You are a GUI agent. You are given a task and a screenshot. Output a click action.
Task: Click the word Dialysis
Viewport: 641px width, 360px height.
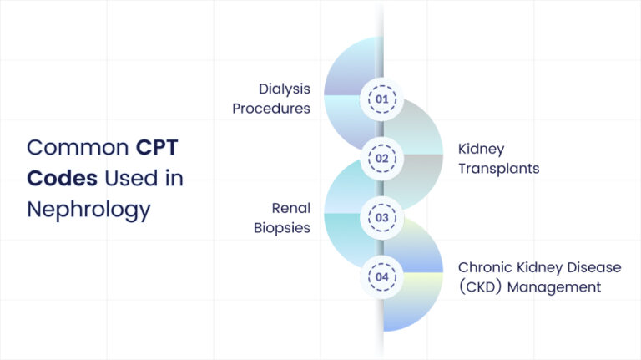pos(284,88)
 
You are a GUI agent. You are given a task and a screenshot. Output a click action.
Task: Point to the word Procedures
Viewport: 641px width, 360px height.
pos(271,109)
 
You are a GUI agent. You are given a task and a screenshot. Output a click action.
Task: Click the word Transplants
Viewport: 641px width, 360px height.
pos(498,169)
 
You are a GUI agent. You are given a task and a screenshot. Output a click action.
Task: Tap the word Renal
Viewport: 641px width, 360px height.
pos(291,207)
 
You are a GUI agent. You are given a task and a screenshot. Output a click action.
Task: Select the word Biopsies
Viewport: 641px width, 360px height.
pos(281,228)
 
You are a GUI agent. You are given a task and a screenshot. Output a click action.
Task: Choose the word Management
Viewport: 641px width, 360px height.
pos(559,287)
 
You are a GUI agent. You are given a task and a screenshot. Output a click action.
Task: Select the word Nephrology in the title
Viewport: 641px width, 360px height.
pos(88,209)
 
